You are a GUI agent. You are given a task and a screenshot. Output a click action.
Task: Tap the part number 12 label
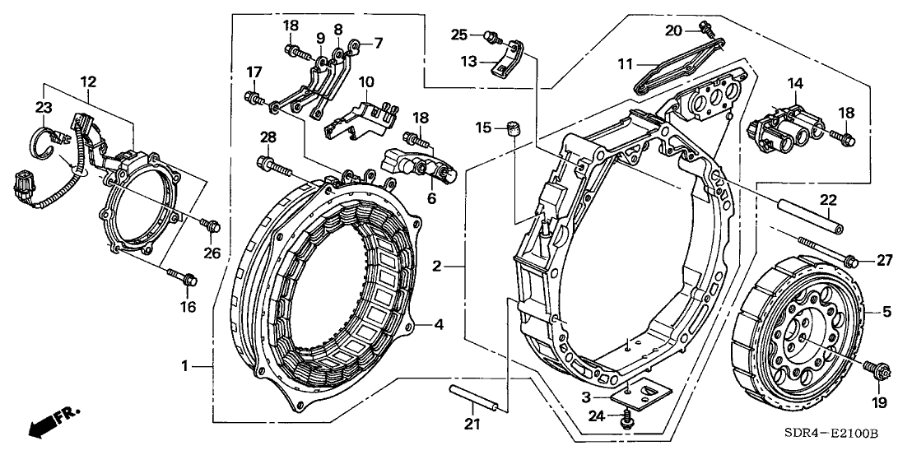[88, 81]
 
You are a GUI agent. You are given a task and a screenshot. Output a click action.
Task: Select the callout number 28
[268, 136]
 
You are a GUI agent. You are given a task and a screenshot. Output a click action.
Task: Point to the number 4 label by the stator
[439, 325]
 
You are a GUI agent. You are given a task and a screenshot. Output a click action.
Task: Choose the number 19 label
[879, 402]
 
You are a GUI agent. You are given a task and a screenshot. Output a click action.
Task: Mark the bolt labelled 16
[183, 279]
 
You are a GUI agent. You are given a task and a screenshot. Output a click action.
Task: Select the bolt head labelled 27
[853, 262]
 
